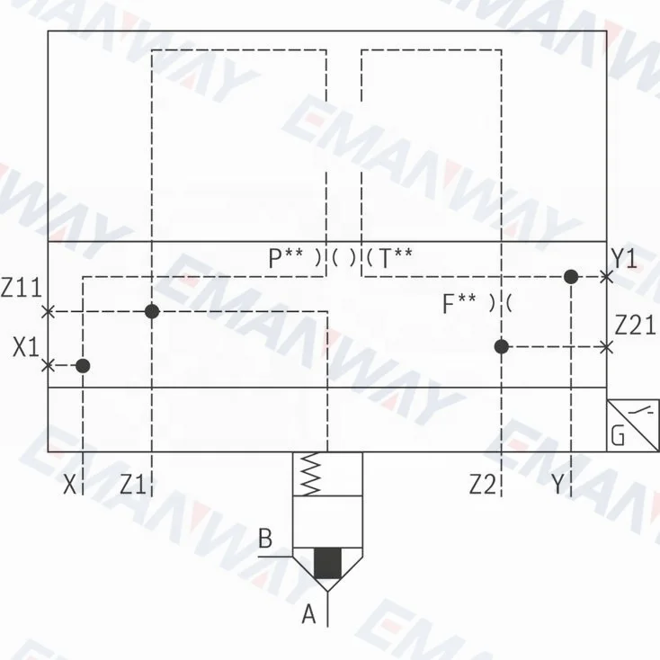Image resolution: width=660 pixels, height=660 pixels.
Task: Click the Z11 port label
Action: (x=21, y=288)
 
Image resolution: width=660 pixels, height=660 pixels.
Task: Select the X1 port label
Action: (x=26, y=347)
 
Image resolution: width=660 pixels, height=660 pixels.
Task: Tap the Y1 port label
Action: (x=624, y=258)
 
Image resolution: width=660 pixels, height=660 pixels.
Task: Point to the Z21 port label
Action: (x=635, y=325)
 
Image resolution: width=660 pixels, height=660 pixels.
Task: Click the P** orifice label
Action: (x=285, y=257)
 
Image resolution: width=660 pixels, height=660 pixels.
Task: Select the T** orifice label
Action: (x=396, y=257)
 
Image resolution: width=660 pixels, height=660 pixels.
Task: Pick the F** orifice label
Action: (x=459, y=304)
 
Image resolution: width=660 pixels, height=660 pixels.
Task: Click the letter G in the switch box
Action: (x=618, y=435)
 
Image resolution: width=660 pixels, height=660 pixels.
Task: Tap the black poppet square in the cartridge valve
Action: (x=327, y=563)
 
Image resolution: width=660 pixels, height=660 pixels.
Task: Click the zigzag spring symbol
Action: (x=311, y=474)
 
